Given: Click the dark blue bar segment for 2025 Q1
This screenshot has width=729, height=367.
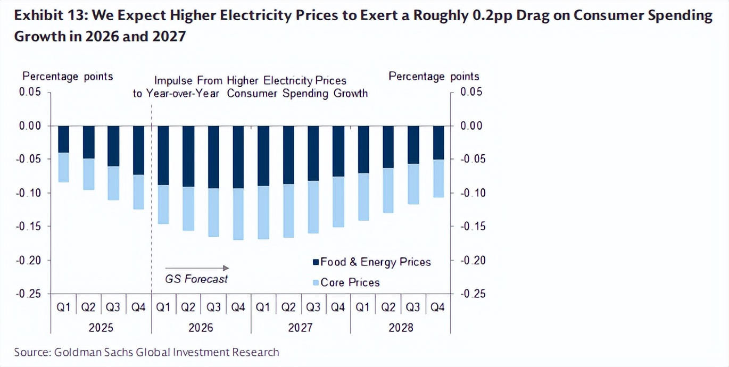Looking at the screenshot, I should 63,139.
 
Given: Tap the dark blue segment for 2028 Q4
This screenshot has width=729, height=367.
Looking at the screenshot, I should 438,143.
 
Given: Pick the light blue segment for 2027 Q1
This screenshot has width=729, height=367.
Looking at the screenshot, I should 263,212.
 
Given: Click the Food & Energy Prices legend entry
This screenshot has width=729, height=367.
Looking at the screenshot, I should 372,262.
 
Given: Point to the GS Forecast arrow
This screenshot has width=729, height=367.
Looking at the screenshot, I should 197,268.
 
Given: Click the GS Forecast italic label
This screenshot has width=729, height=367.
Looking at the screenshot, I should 196,279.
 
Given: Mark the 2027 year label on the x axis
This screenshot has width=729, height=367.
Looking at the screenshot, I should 301,328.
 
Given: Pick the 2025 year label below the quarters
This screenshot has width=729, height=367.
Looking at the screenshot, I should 101,328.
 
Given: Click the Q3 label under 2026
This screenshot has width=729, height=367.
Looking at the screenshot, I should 213,307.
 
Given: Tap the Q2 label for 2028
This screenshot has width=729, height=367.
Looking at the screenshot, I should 388,307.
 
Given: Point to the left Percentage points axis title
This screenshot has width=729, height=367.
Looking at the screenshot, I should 68,77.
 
